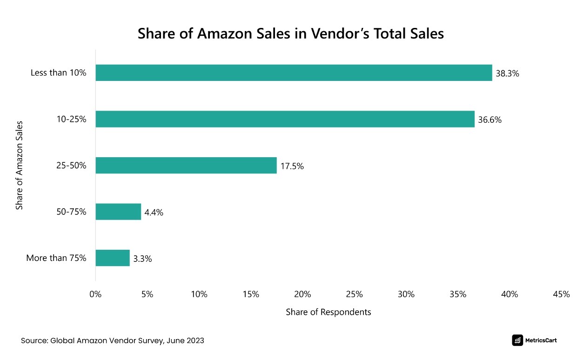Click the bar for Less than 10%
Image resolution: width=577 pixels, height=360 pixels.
[x=294, y=73]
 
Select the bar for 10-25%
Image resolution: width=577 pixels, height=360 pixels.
[x=285, y=119]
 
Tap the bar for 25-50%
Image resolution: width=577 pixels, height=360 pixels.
[x=186, y=166]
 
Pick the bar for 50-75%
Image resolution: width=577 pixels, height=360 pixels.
[x=118, y=212]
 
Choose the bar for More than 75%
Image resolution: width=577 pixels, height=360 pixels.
[x=113, y=258]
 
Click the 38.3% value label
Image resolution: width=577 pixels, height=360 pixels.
[x=507, y=73]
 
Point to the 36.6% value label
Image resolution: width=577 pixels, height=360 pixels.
[x=490, y=120]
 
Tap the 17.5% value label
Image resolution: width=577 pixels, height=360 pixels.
[x=292, y=166]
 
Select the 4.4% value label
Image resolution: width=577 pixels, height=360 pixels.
[x=154, y=213]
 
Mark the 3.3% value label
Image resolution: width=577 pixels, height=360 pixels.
[x=142, y=259]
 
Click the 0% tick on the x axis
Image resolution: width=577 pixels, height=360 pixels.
[x=95, y=294]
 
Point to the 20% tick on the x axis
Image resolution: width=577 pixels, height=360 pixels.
[x=302, y=294]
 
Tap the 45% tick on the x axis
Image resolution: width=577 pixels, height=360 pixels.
[x=561, y=294]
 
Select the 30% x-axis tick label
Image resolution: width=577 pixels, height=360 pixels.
[x=406, y=294]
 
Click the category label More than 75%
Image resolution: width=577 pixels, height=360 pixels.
[x=56, y=258]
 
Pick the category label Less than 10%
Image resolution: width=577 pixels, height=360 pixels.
[x=59, y=73]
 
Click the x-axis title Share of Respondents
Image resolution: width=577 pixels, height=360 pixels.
[x=328, y=312]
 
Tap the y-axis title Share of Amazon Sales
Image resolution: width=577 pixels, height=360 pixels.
[x=20, y=166]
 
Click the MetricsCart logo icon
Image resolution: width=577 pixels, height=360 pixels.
[x=517, y=340]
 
